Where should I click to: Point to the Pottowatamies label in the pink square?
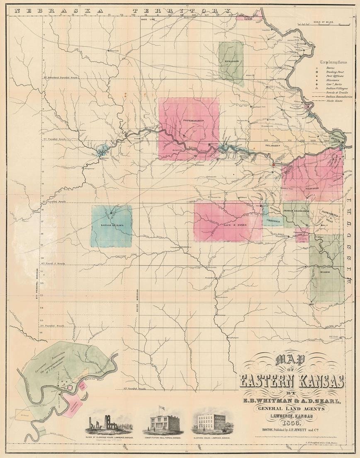point(189,120)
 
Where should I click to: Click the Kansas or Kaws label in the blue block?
point(112,226)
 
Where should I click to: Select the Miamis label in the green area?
point(324,272)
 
